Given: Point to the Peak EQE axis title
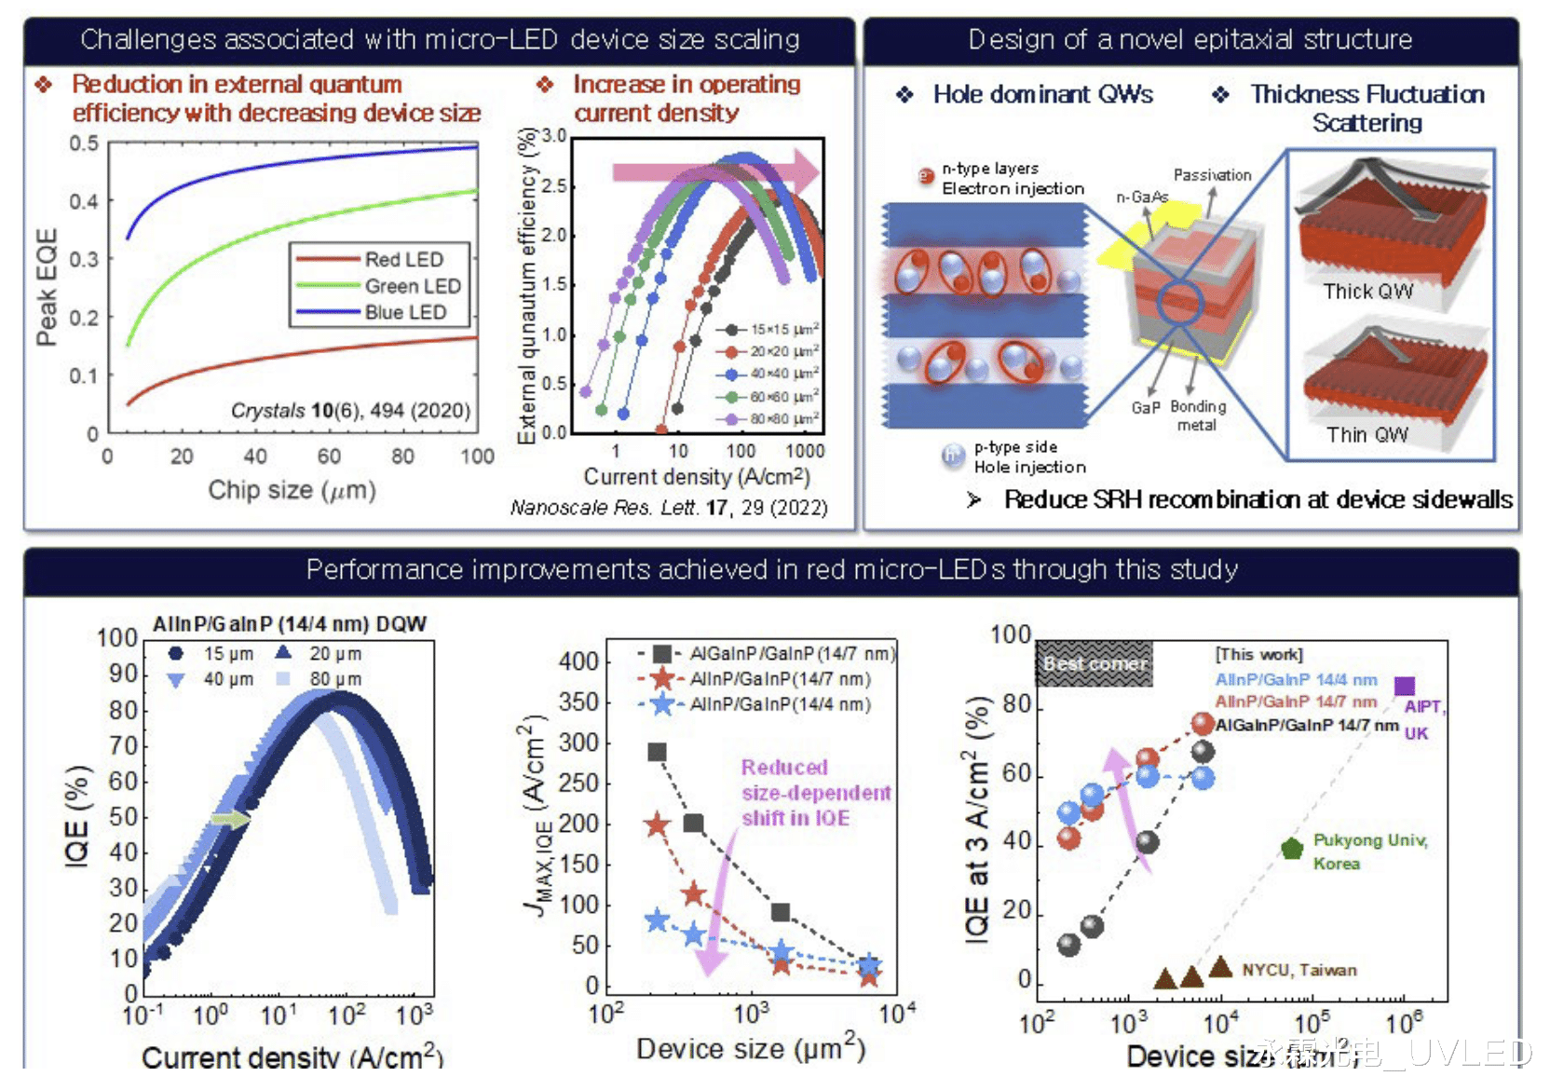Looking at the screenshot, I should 47,287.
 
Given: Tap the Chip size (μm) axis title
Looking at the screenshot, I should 292,490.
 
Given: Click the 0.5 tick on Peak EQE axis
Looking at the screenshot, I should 84,143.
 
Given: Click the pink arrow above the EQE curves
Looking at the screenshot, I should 715,171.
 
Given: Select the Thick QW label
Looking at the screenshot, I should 1367,292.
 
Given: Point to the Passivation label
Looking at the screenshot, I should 1212,175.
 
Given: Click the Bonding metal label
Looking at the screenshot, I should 1198,416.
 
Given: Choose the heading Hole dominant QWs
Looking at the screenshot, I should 1042,94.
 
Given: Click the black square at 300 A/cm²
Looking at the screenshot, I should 657,753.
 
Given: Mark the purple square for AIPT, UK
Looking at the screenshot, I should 1405,687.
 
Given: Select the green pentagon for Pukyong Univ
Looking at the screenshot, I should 1291,849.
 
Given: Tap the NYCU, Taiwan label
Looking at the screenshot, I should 1298,970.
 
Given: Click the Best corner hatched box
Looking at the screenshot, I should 1095,663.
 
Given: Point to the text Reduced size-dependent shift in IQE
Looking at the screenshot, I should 815,793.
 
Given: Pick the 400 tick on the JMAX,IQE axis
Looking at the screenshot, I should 578,661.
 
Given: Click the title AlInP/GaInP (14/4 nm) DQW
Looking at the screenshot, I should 290,624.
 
